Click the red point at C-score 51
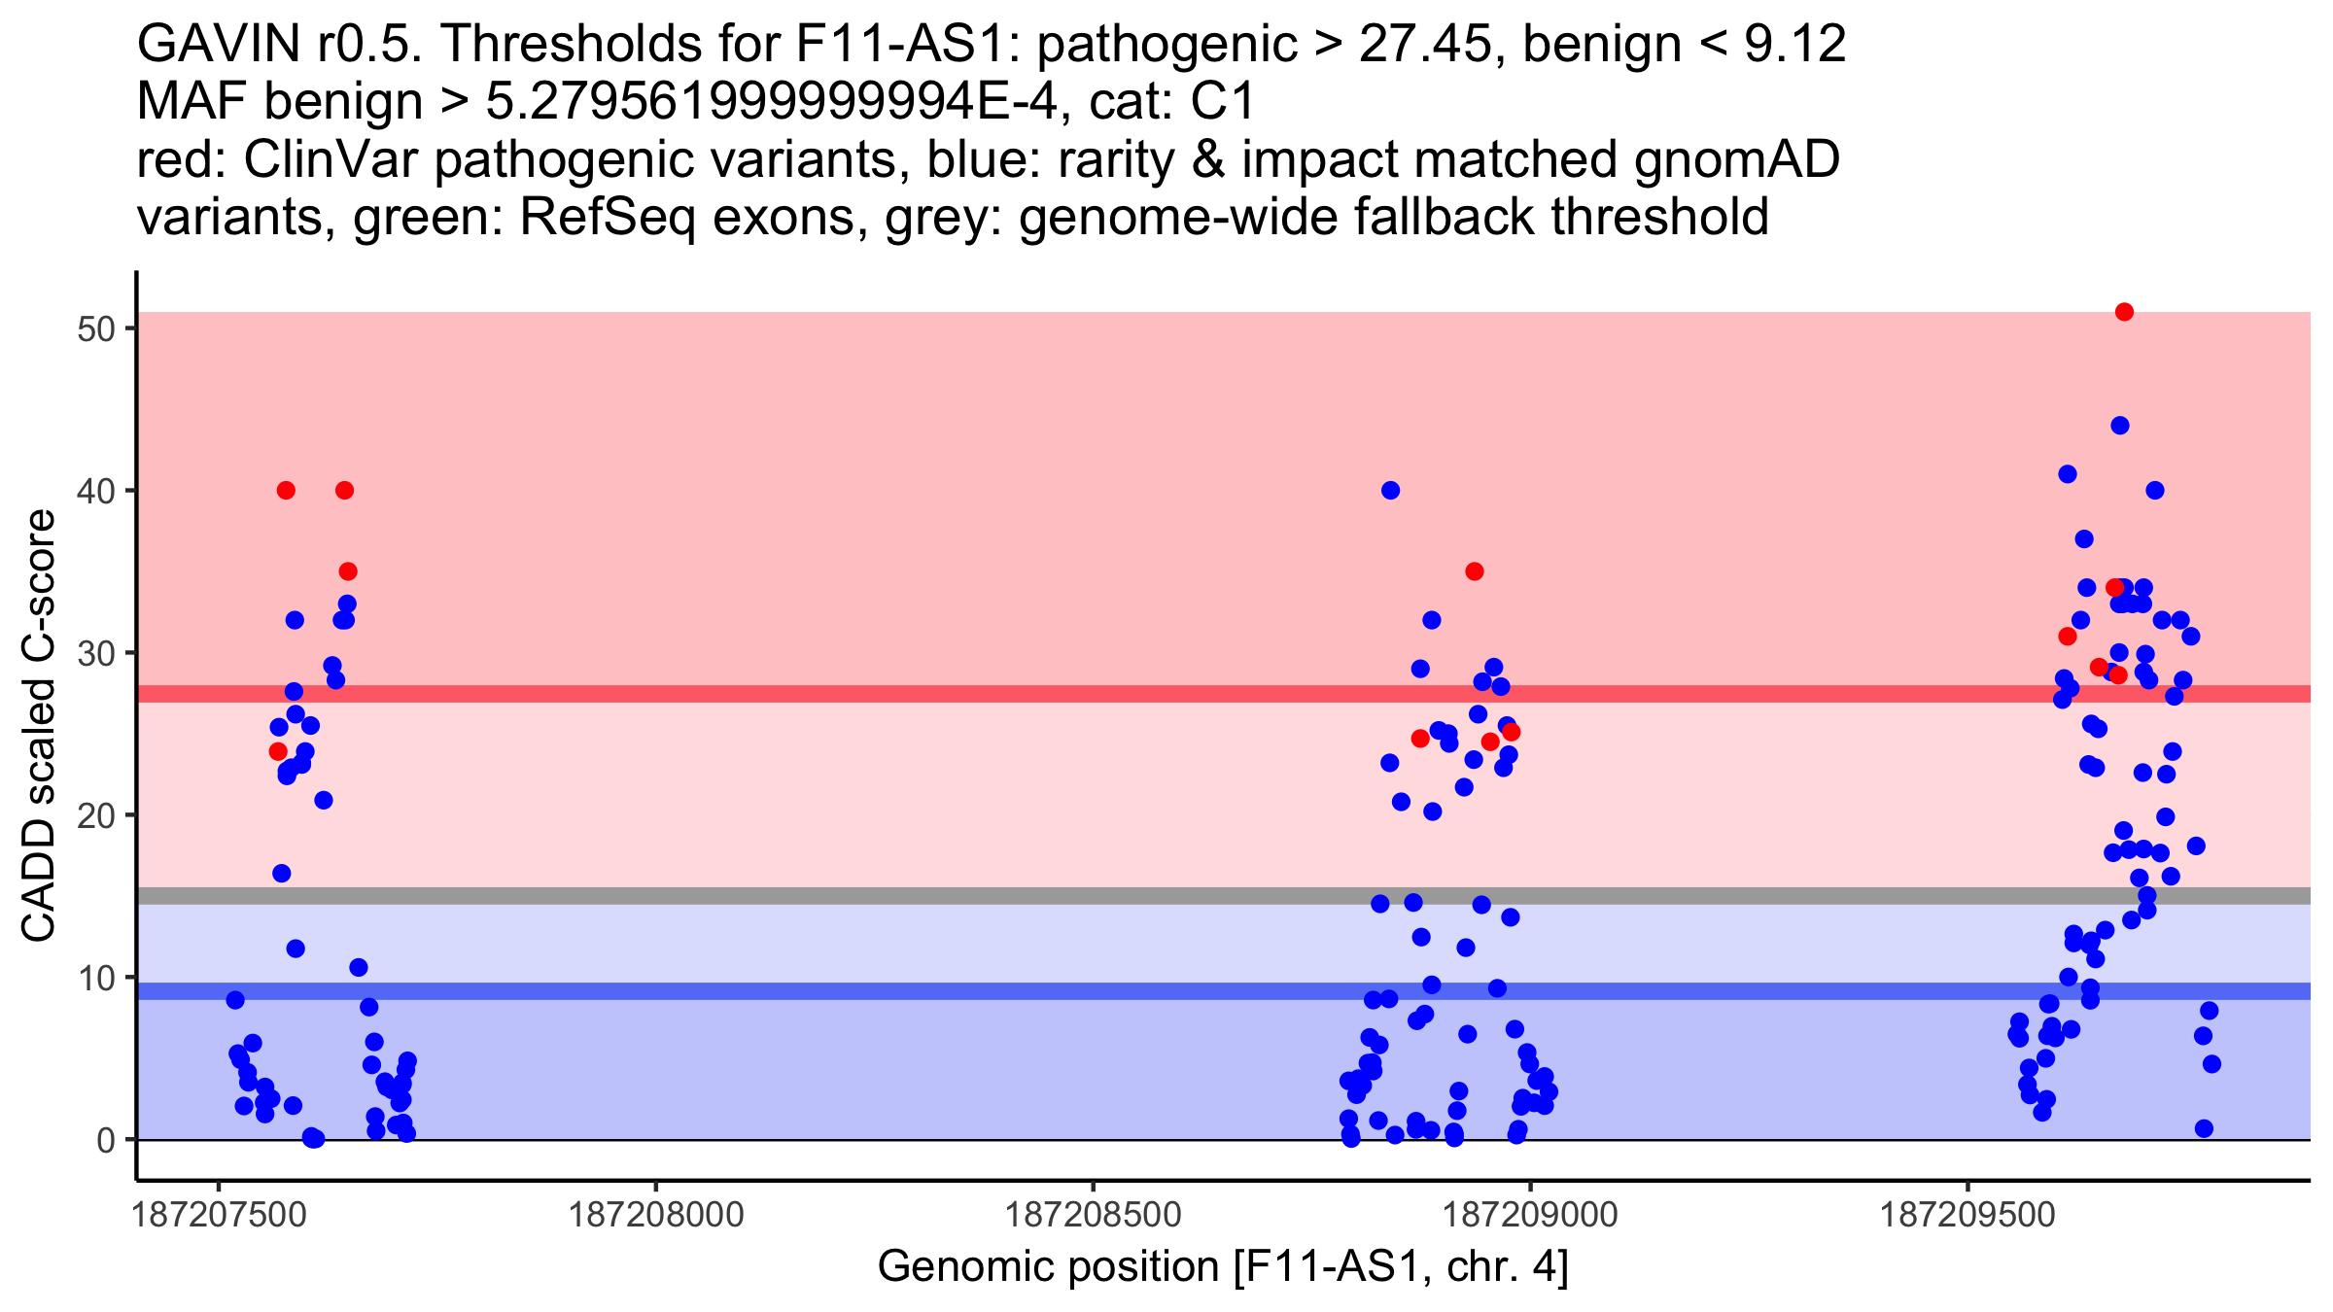tap(2124, 312)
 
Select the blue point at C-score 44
tap(2120, 426)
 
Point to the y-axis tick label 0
tap(106, 1140)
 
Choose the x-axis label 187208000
tap(655, 1215)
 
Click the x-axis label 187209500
tap(1968, 1215)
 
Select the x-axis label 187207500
tap(218, 1215)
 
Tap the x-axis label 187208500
tap(1093, 1215)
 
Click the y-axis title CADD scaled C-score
tap(39, 726)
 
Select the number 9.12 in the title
tap(1795, 45)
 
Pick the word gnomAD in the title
tap(1736, 159)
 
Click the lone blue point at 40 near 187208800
tap(1390, 491)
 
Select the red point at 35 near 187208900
tap(1475, 571)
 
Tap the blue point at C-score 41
tap(2068, 474)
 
